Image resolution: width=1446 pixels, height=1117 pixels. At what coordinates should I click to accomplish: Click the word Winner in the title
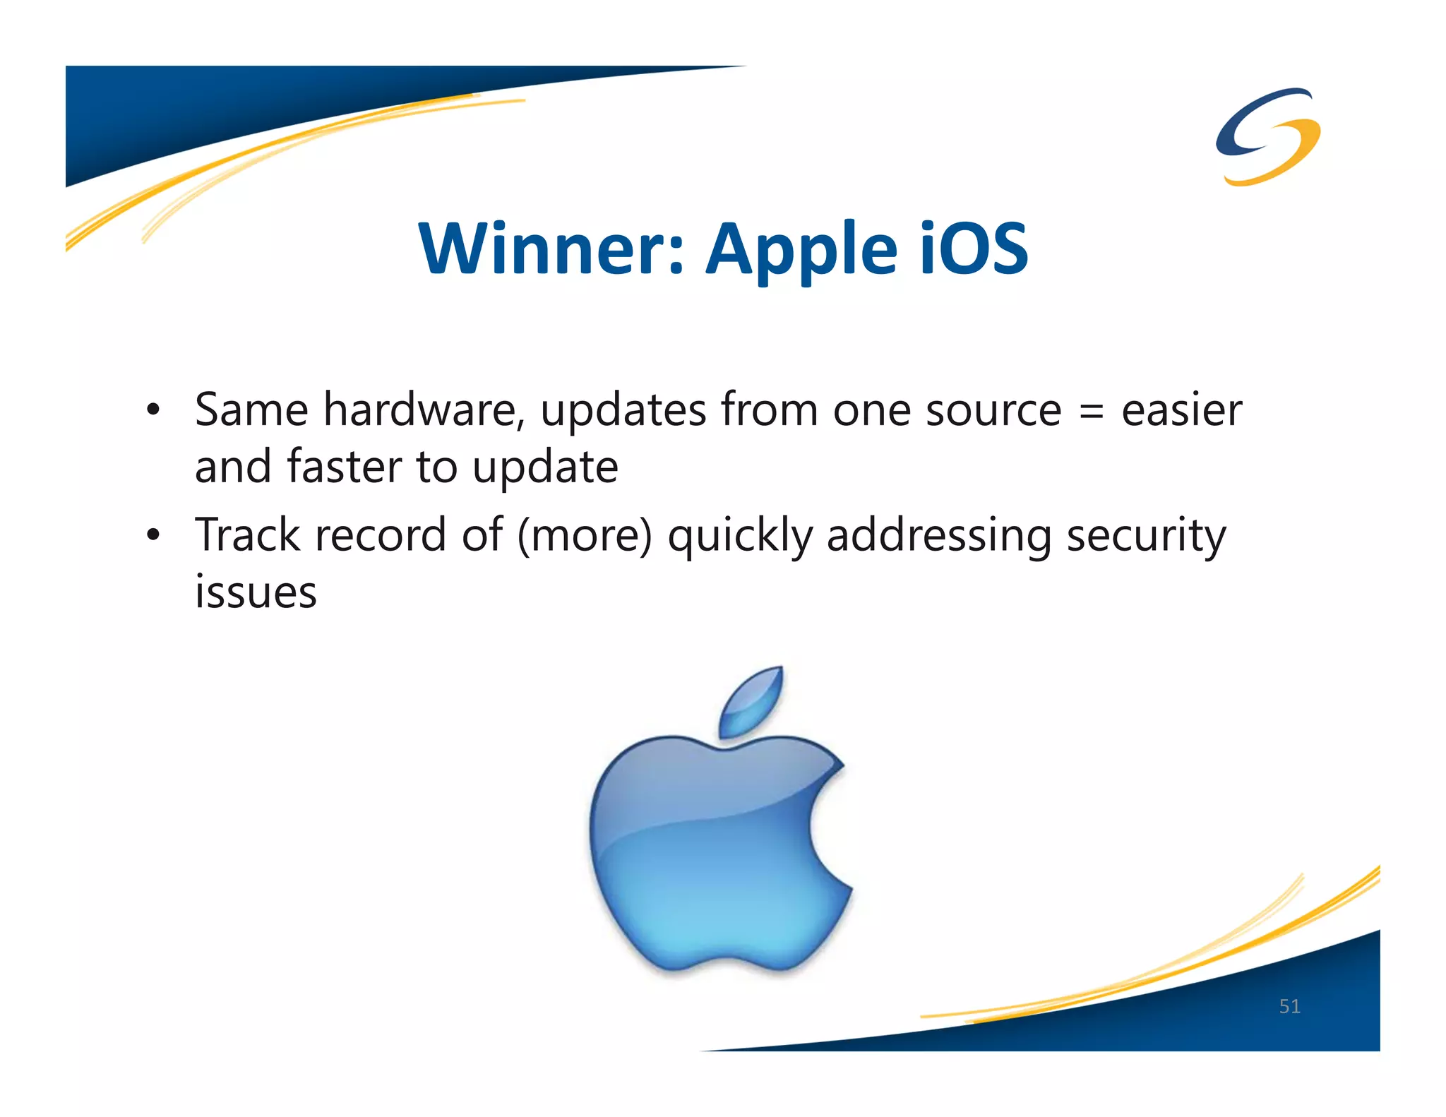click(550, 249)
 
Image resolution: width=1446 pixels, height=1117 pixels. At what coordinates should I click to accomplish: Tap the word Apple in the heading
click(802, 249)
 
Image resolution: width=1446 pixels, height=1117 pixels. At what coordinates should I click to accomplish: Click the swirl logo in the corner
click(1268, 136)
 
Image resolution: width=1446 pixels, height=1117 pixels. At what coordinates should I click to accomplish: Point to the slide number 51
click(1289, 1006)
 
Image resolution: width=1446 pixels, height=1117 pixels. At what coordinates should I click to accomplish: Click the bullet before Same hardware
click(153, 410)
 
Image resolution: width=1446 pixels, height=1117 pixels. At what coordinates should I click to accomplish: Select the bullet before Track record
click(153, 536)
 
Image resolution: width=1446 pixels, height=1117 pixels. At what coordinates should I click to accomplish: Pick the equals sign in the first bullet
click(1091, 412)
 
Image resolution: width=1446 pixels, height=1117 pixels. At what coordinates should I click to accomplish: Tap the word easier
click(1181, 410)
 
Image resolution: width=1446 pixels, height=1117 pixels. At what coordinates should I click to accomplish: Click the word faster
click(345, 467)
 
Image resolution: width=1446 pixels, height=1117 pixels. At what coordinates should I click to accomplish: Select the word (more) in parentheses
click(585, 536)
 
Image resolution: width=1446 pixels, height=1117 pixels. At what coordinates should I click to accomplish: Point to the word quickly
click(740, 536)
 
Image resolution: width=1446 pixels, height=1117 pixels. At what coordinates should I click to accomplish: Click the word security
click(1146, 536)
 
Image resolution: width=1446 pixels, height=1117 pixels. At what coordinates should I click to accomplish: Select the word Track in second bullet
click(248, 534)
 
